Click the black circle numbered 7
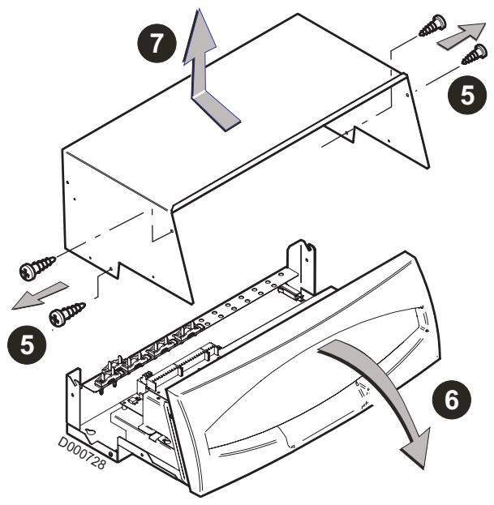tap(157, 43)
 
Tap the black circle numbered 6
tap(451, 400)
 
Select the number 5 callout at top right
tap(467, 95)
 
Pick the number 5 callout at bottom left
tap(27, 345)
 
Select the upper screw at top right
tap(433, 26)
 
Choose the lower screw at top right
tap(475, 54)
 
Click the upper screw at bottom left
tap(37, 267)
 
